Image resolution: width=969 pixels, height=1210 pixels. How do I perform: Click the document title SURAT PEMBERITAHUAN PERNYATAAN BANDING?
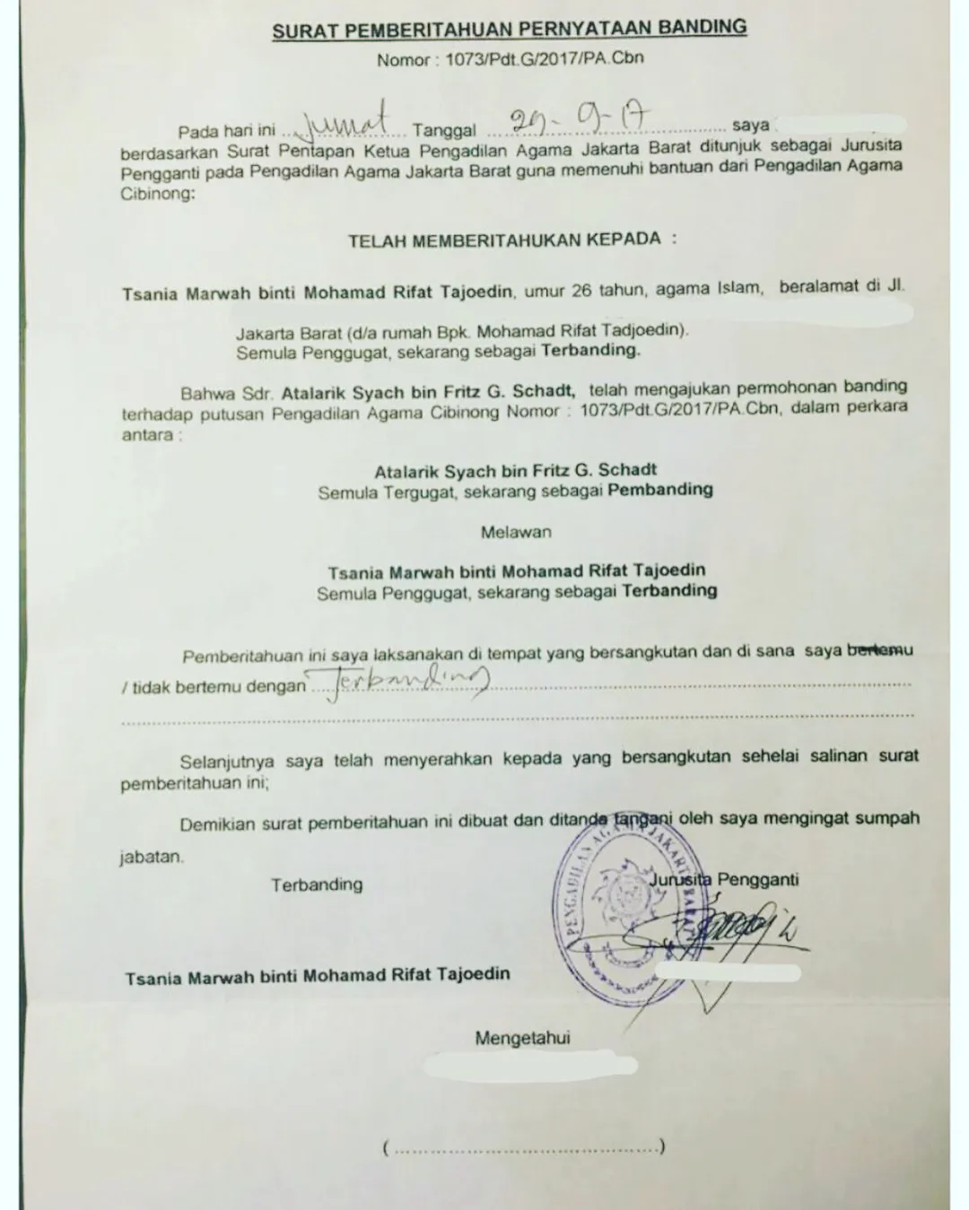pyautogui.click(x=509, y=29)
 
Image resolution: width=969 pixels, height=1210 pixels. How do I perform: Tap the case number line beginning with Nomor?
pyautogui.click(x=510, y=60)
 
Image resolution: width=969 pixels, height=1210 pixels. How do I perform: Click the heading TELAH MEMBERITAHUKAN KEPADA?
pyautogui.click(x=512, y=240)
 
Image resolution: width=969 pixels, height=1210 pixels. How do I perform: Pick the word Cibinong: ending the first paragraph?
pyautogui.click(x=156, y=193)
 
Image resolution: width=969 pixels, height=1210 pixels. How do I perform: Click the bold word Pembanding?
pyautogui.click(x=660, y=490)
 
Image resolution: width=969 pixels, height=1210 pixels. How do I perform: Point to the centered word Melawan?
pyautogui.click(x=516, y=532)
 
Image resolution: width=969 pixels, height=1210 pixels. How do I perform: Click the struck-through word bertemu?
pyautogui.click(x=880, y=650)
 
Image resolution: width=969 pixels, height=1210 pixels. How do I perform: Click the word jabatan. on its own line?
pyautogui.click(x=152, y=857)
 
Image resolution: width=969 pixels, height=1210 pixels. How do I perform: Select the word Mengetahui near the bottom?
pyautogui.click(x=522, y=1039)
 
